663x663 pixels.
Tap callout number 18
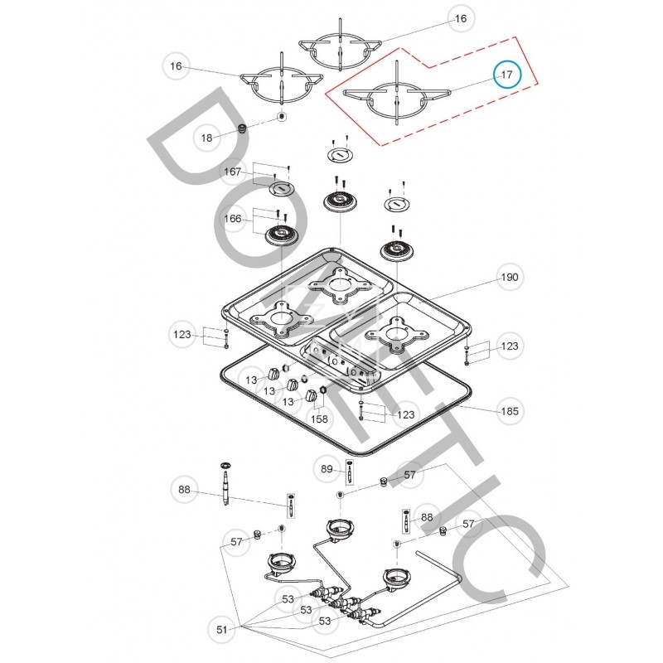tap(207, 138)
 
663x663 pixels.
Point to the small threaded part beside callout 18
tap(242, 130)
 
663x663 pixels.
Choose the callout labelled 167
tap(234, 172)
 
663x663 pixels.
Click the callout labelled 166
tap(234, 219)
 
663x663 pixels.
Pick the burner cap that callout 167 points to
tap(280, 191)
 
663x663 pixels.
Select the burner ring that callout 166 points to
tap(280, 237)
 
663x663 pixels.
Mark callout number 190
tap(510, 278)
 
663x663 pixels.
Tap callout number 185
tap(510, 410)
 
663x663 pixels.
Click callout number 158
tap(319, 419)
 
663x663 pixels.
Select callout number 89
tap(327, 470)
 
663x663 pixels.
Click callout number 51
tap(222, 630)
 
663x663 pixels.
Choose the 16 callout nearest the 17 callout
tap(461, 17)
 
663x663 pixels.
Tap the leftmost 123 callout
tap(181, 335)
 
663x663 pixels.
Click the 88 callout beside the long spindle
tap(184, 490)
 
